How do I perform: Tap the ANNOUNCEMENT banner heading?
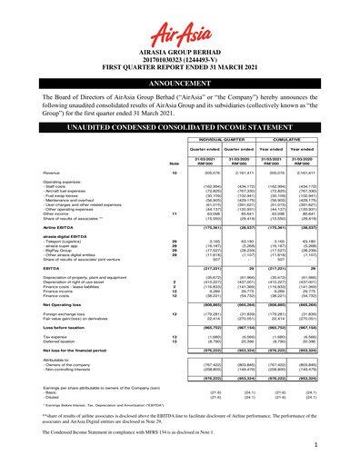pos(179,91)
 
